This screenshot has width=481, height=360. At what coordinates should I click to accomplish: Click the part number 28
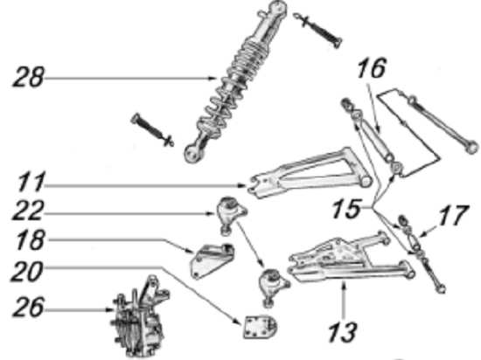click(x=28, y=76)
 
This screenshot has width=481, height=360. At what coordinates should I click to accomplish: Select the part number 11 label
click(x=31, y=182)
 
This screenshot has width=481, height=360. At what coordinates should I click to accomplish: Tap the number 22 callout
click(x=28, y=211)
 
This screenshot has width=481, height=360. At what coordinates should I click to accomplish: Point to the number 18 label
click(x=31, y=239)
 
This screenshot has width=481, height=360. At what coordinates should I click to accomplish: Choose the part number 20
click(x=27, y=271)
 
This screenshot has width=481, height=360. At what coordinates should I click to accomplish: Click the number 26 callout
click(x=28, y=307)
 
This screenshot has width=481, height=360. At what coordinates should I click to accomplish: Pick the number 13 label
click(x=343, y=332)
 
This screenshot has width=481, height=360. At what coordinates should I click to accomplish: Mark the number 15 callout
click(x=346, y=209)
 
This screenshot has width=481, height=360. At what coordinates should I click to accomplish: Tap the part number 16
click(x=371, y=68)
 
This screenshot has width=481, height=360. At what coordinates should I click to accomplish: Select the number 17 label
click(x=453, y=215)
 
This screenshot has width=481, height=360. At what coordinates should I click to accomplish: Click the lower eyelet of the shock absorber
click(x=192, y=153)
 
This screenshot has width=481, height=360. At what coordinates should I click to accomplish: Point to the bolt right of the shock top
click(x=317, y=30)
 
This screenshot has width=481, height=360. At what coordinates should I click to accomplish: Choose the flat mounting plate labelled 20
click(x=260, y=327)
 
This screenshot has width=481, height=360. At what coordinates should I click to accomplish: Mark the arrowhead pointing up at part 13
click(x=344, y=287)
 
